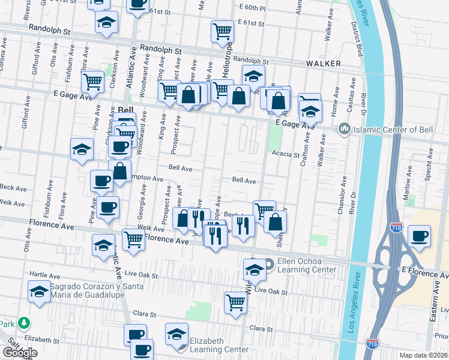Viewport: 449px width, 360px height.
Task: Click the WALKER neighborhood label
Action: tap(324, 63)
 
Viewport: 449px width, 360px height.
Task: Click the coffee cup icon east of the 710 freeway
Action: tap(419, 235)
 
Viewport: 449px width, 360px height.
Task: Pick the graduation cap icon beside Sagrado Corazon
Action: tap(40, 292)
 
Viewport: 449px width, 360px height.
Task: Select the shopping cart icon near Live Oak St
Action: tap(236, 302)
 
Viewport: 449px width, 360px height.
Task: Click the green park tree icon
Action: tap(23, 323)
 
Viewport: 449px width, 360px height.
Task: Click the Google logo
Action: tap(20, 353)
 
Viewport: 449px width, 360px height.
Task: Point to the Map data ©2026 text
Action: tap(424, 355)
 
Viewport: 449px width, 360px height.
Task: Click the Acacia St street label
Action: tap(285, 154)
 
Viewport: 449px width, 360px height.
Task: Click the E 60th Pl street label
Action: tap(252, 8)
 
